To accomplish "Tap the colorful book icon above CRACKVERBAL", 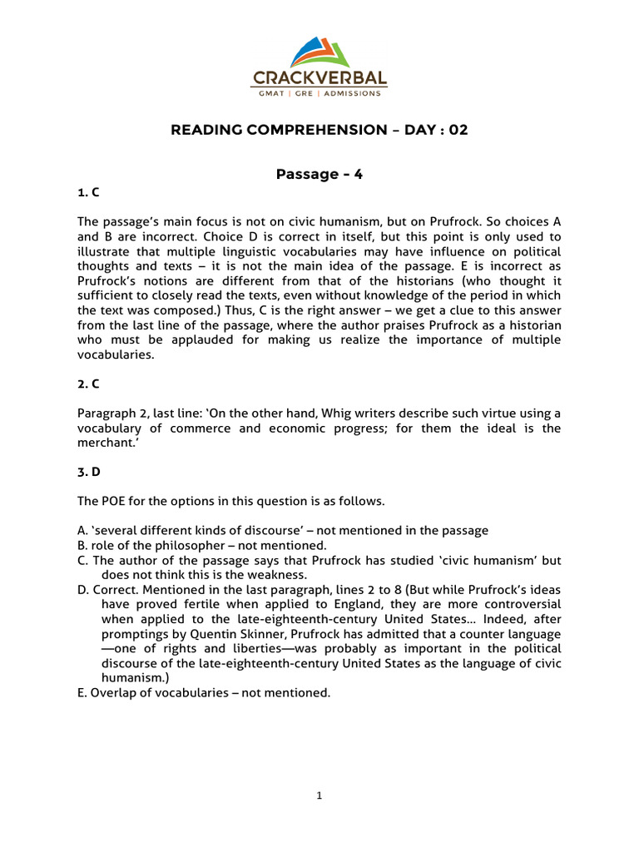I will pos(320,52).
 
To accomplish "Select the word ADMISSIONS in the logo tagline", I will pos(354,93).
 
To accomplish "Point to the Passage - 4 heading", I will pos(319,174).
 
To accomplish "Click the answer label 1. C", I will pos(88,192).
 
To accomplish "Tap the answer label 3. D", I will pos(89,472).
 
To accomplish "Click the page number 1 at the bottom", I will pos(319,795).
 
